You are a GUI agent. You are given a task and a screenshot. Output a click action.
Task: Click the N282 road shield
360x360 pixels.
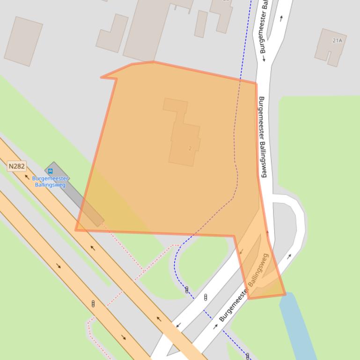point(16,166)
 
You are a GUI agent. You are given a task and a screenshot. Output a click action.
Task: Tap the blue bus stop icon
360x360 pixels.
point(51,171)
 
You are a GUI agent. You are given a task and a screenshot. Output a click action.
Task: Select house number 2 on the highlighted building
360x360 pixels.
point(190,149)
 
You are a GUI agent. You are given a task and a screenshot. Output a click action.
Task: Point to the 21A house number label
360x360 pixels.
point(337,41)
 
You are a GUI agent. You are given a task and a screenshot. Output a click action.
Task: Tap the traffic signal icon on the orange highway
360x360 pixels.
point(93,304)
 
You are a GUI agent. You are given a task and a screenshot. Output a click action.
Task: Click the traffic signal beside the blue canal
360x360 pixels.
point(248,356)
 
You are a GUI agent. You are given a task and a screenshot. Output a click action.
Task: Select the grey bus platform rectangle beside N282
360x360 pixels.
point(75,194)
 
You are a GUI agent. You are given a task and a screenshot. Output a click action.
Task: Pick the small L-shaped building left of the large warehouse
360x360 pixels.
point(112,33)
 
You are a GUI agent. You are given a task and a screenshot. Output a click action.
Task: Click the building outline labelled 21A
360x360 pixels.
point(331,47)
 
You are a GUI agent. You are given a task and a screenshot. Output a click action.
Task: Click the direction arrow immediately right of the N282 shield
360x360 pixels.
point(27,177)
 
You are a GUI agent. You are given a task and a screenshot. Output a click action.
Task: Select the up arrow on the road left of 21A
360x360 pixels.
point(281,18)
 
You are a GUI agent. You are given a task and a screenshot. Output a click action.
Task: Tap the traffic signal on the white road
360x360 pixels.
point(206,297)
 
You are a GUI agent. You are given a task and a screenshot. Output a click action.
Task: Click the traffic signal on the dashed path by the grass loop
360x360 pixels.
point(187,290)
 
